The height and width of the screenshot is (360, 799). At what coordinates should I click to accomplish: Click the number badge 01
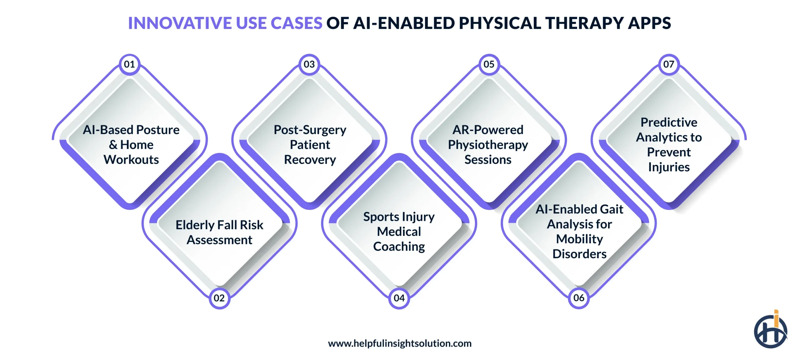coord(130,65)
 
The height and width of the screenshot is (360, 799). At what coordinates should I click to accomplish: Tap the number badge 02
coord(219,298)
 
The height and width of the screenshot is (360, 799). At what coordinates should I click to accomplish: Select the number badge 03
coord(309,65)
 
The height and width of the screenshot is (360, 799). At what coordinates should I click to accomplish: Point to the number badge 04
coord(399,298)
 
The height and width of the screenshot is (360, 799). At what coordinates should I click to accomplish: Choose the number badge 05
coord(489,65)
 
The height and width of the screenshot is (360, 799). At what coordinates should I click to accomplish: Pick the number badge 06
coord(579,298)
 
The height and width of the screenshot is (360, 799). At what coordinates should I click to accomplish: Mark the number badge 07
coord(669,65)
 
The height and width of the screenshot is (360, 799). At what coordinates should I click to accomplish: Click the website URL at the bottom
coord(399,343)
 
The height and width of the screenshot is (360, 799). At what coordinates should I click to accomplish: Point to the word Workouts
coord(131,160)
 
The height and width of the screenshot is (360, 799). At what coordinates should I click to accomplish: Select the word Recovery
coord(310,160)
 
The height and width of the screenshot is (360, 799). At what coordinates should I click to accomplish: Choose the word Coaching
coord(399,246)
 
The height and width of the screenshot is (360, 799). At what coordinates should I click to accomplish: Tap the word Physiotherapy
coord(488,145)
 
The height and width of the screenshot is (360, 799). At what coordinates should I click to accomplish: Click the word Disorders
coord(579,254)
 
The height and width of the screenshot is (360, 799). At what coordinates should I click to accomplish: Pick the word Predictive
coord(669,122)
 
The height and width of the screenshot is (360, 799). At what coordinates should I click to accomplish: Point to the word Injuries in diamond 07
coord(669,167)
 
